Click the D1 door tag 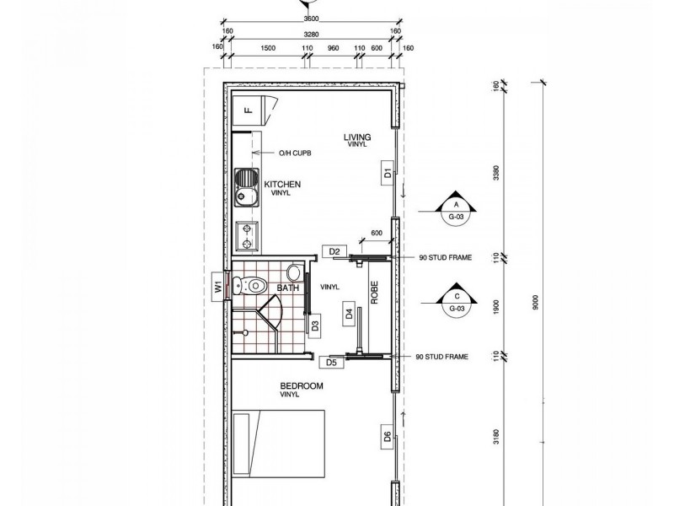(x=387, y=175)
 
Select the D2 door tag (x=334, y=251)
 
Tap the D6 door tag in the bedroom (x=387, y=437)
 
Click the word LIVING (x=357, y=137)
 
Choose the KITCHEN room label (x=283, y=184)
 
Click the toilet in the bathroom (x=256, y=284)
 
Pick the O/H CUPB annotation (x=295, y=153)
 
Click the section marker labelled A (x=456, y=205)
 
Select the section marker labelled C (x=456, y=298)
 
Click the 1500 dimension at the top (x=269, y=49)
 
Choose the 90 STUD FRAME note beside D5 (x=442, y=357)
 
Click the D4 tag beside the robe (x=348, y=315)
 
